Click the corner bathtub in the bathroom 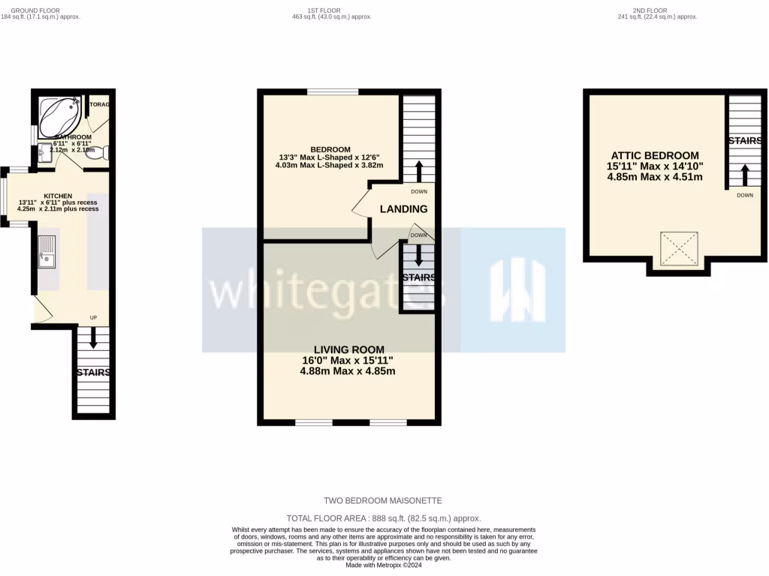click(x=59, y=117)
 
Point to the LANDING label click(x=403, y=209)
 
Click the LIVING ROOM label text click(x=348, y=349)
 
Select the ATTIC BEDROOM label click(x=654, y=155)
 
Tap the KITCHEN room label click(x=58, y=195)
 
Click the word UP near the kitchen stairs click(x=94, y=317)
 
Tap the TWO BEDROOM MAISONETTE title click(x=383, y=500)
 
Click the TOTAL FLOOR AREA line click(x=384, y=518)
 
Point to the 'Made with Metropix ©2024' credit click(x=384, y=565)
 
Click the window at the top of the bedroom click(x=332, y=92)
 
